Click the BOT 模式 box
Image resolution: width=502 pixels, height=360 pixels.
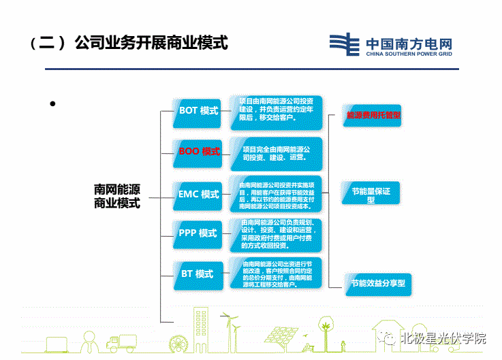pos(198,110)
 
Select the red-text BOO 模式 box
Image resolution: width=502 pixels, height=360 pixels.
pos(199,152)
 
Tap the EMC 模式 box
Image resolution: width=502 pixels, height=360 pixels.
pos(199,194)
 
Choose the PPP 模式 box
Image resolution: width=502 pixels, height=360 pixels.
pos(198,233)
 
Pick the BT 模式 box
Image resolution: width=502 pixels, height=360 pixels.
pos(198,274)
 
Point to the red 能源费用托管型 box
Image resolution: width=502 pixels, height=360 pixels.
pos(374,116)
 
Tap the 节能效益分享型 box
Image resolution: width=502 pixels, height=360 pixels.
pos(377,282)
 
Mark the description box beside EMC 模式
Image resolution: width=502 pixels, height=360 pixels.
pos(279,194)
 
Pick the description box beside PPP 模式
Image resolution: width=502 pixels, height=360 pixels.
pos(279,233)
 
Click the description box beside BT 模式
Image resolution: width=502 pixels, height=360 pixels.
pos(279,274)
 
